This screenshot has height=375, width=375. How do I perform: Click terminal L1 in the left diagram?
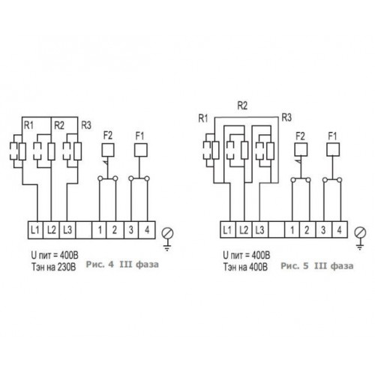click(35, 230)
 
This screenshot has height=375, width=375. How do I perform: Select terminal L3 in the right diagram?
click(260, 229)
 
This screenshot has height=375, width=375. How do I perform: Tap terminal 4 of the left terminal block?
click(147, 230)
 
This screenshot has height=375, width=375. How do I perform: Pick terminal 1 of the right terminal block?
click(292, 229)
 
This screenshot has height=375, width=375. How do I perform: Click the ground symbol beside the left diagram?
click(167, 238)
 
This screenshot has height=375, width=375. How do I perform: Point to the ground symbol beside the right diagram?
click(360, 238)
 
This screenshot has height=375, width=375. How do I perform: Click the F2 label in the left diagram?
click(108, 136)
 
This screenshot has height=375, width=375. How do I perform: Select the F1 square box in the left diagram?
click(141, 150)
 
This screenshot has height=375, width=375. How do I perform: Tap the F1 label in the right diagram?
click(332, 136)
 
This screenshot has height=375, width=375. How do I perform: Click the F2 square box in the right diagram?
click(301, 150)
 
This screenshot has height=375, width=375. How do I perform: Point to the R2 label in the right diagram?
click(242, 106)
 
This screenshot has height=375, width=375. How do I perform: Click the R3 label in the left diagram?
click(86, 125)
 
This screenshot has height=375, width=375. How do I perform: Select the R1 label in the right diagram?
click(203, 118)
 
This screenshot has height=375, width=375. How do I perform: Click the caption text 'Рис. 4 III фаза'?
click(122, 265)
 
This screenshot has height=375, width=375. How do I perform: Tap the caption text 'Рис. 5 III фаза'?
click(317, 265)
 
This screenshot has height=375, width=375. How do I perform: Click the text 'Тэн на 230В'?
click(53, 267)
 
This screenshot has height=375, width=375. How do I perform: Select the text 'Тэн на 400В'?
click(245, 267)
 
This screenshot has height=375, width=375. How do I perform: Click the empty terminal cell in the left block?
click(84, 230)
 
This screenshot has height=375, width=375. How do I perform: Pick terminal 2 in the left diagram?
click(115, 230)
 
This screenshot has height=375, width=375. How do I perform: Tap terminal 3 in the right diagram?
click(323, 229)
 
